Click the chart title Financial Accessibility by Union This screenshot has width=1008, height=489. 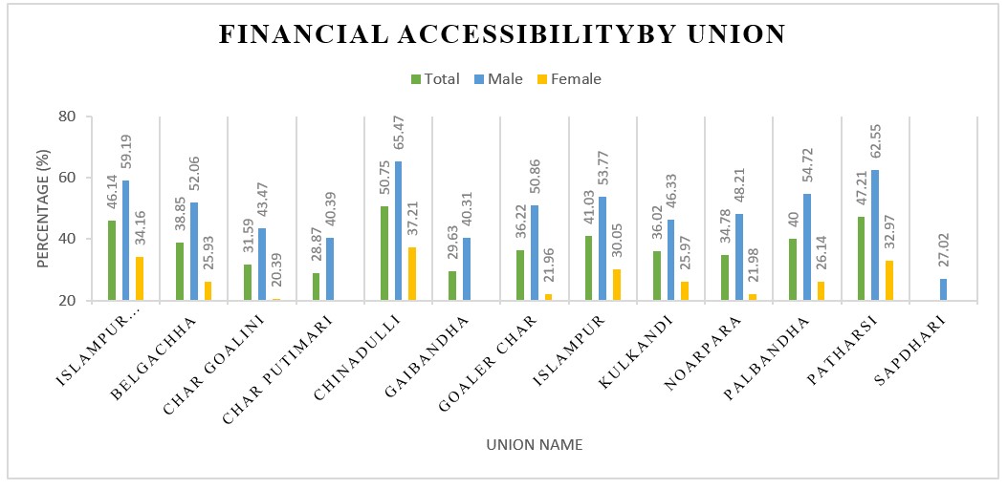[503, 35]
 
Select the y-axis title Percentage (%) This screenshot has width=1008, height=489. [43, 207]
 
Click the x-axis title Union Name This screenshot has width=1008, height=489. [534, 445]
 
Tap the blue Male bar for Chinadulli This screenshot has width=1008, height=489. [399, 230]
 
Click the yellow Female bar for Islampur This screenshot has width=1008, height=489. [617, 285]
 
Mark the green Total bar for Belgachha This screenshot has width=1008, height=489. [181, 271]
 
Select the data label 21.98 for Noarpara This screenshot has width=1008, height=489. [754, 266]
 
